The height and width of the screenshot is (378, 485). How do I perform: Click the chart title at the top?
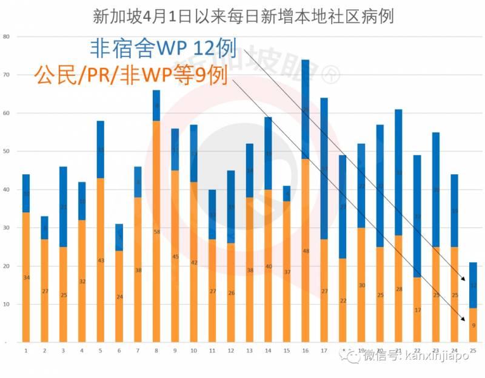tap(243, 16)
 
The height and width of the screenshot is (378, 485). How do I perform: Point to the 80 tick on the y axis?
tap(7, 36)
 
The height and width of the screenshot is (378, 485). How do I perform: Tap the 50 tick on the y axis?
tap(7, 151)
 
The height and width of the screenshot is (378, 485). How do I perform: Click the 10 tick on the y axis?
tap(7, 304)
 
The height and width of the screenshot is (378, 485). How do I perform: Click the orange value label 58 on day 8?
tap(156, 232)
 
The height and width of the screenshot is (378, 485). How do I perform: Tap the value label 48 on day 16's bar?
tap(305, 251)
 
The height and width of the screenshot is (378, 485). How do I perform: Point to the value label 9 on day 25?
tap(472, 325)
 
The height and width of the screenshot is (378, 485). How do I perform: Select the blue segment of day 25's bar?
tap(472, 285)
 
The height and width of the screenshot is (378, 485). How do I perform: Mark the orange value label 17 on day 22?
tap(416, 310)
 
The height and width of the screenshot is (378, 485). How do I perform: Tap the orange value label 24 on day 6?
tap(119, 297)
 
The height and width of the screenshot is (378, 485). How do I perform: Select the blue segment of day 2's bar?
tap(44, 228)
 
